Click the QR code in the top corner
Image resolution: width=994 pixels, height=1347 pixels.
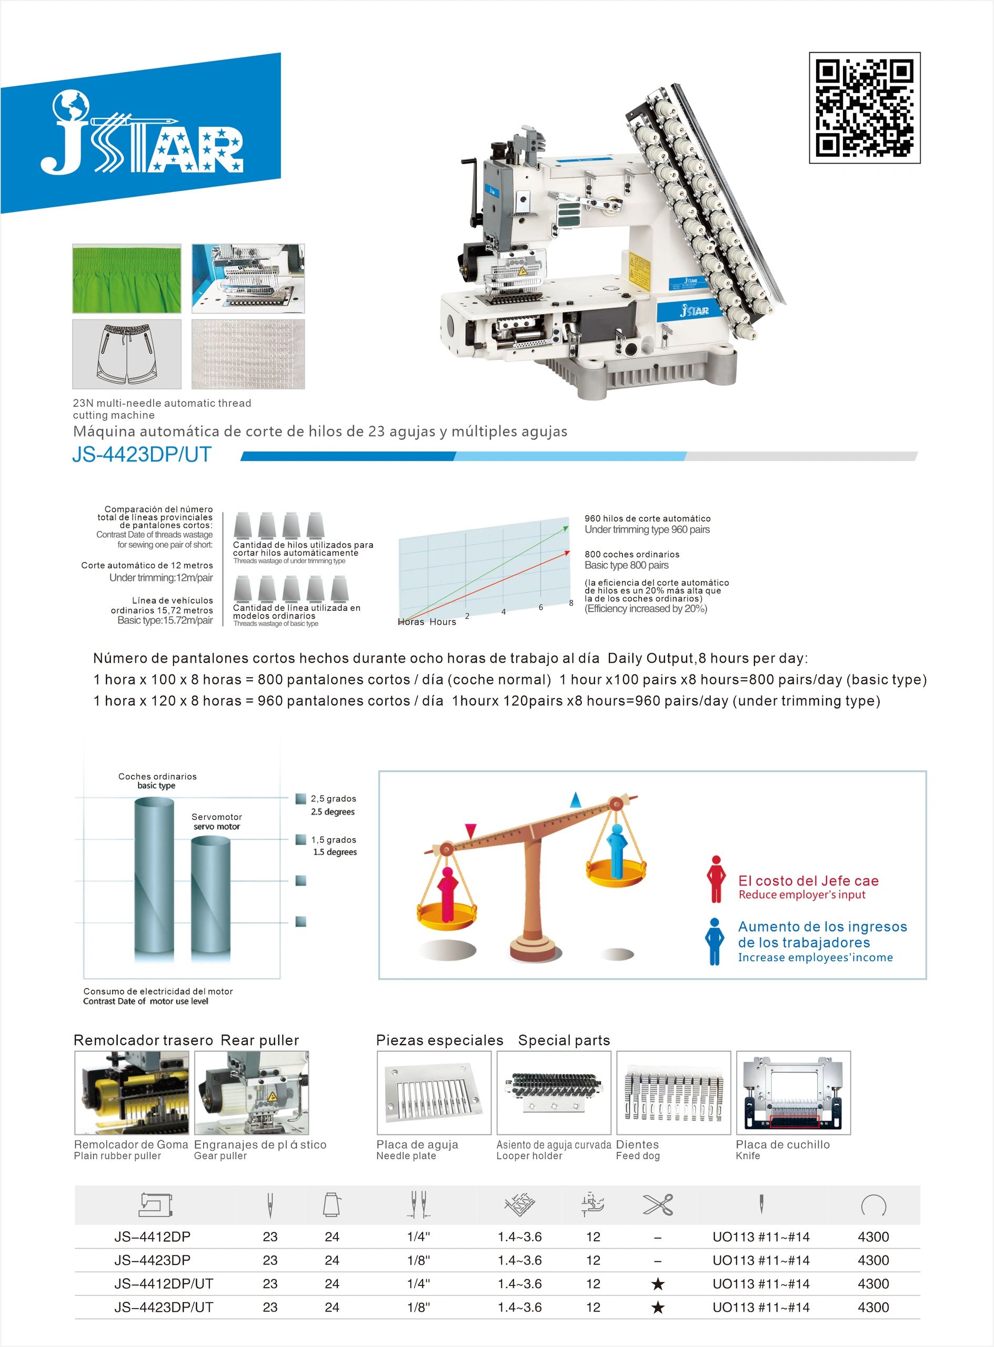pyautogui.click(x=864, y=108)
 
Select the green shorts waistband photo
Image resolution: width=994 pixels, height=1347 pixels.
pyautogui.click(x=126, y=278)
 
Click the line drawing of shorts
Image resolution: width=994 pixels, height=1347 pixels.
pyautogui.click(x=126, y=354)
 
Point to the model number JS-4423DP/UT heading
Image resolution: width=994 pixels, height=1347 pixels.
pyautogui.click(x=142, y=455)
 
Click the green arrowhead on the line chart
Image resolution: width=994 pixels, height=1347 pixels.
pyautogui.click(x=566, y=528)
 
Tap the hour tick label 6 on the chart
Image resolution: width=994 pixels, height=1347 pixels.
pyautogui.click(x=540, y=607)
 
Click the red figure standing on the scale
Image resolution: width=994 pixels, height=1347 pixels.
pyautogui.click(x=447, y=893)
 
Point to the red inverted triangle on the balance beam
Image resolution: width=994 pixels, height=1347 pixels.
pyautogui.click(x=471, y=831)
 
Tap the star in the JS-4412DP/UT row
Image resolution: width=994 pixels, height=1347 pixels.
pyautogui.click(x=658, y=1284)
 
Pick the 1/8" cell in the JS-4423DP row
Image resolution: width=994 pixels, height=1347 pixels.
pyautogui.click(x=418, y=1260)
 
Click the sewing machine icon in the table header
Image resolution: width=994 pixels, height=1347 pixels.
pyautogui.click(x=156, y=1204)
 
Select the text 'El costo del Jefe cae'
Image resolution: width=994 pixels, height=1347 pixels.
pyautogui.click(x=808, y=881)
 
